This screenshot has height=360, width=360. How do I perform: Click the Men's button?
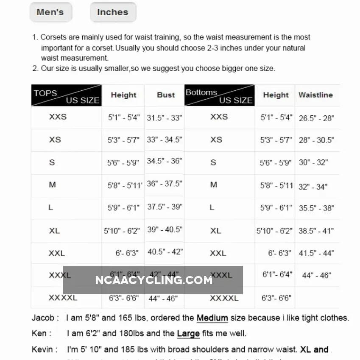click(x=50, y=12)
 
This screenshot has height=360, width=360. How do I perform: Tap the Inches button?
click(x=112, y=12)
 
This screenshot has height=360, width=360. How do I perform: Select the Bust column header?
click(x=166, y=95)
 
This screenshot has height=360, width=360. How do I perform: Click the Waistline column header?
click(x=315, y=95)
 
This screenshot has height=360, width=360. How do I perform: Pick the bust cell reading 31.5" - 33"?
click(x=165, y=118)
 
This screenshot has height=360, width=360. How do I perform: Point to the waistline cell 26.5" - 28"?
click(x=316, y=118)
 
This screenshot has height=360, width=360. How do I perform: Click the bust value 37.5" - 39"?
click(x=165, y=207)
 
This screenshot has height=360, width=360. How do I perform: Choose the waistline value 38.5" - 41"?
click(x=316, y=231)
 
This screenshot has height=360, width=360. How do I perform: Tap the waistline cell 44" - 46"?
click(x=316, y=275)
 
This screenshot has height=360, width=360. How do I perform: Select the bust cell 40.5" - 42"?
click(x=165, y=252)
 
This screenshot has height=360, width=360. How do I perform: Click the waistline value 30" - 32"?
click(x=313, y=162)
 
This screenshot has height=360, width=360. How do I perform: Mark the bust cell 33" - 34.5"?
click(x=165, y=140)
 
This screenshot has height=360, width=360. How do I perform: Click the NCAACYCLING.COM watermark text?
click(x=154, y=280)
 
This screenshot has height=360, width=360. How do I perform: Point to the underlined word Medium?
click(x=212, y=318)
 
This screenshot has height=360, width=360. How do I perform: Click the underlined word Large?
click(x=188, y=334)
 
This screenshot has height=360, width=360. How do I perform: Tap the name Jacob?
click(x=43, y=318)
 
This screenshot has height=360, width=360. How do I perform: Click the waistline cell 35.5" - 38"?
click(x=316, y=208)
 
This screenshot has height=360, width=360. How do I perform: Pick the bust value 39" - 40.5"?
click(x=165, y=229)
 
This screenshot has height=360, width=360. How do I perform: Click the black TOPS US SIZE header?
click(x=67, y=95)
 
